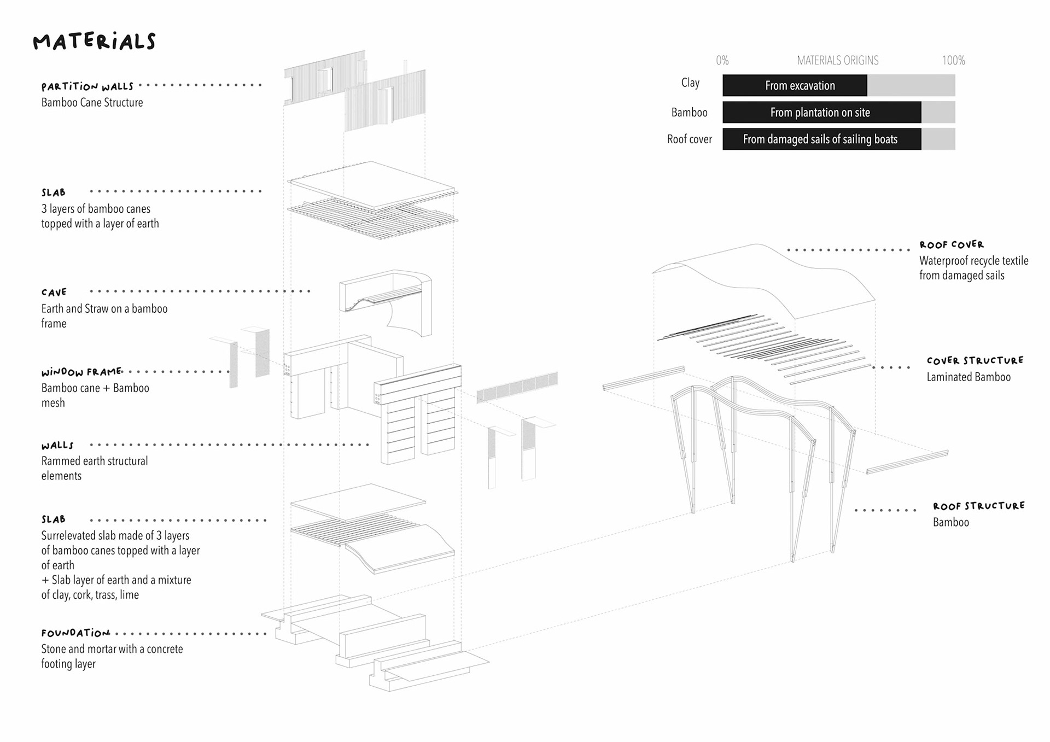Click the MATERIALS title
point(94,42)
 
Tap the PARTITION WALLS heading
point(87,86)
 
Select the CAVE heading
point(54,293)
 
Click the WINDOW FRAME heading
point(81,372)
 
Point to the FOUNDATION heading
point(75,633)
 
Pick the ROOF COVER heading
point(951,244)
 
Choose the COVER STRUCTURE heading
point(975,360)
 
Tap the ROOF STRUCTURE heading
point(978,506)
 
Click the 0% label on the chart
point(722,60)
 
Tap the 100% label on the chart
point(953,60)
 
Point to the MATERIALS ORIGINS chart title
point(837,60)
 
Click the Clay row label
point(690,83)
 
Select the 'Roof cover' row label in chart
point(689,139)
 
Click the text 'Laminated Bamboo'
point(968,377)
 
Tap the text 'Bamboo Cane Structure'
point(92,102)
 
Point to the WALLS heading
point(57,445)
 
